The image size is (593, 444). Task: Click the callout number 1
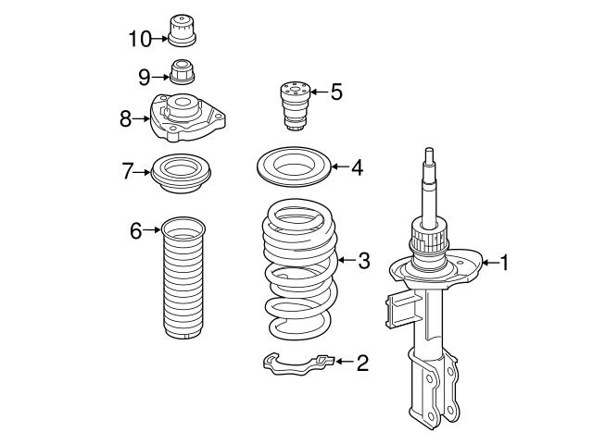click(x=505, y=263)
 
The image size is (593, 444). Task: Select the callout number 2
click(x=361, y=362)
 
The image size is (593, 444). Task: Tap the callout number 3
click(x=363, y=262)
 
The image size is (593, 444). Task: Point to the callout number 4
click(x=357, y=167)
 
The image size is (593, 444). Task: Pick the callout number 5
click(x=335, y=92)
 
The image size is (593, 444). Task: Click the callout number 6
click(x=136, y=230)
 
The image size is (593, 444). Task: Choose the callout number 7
click(x=129, y=170)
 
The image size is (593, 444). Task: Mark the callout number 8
click(x=126, y=117)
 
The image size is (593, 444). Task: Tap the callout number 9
click(x=145, y=76)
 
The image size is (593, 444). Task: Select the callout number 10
click(x=139, y=38)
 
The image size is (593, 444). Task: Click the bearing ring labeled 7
click(x=183, y=173)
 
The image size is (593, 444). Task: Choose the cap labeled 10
click(x=182, y=31)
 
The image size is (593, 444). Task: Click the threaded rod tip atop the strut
click(x=429, y=157)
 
